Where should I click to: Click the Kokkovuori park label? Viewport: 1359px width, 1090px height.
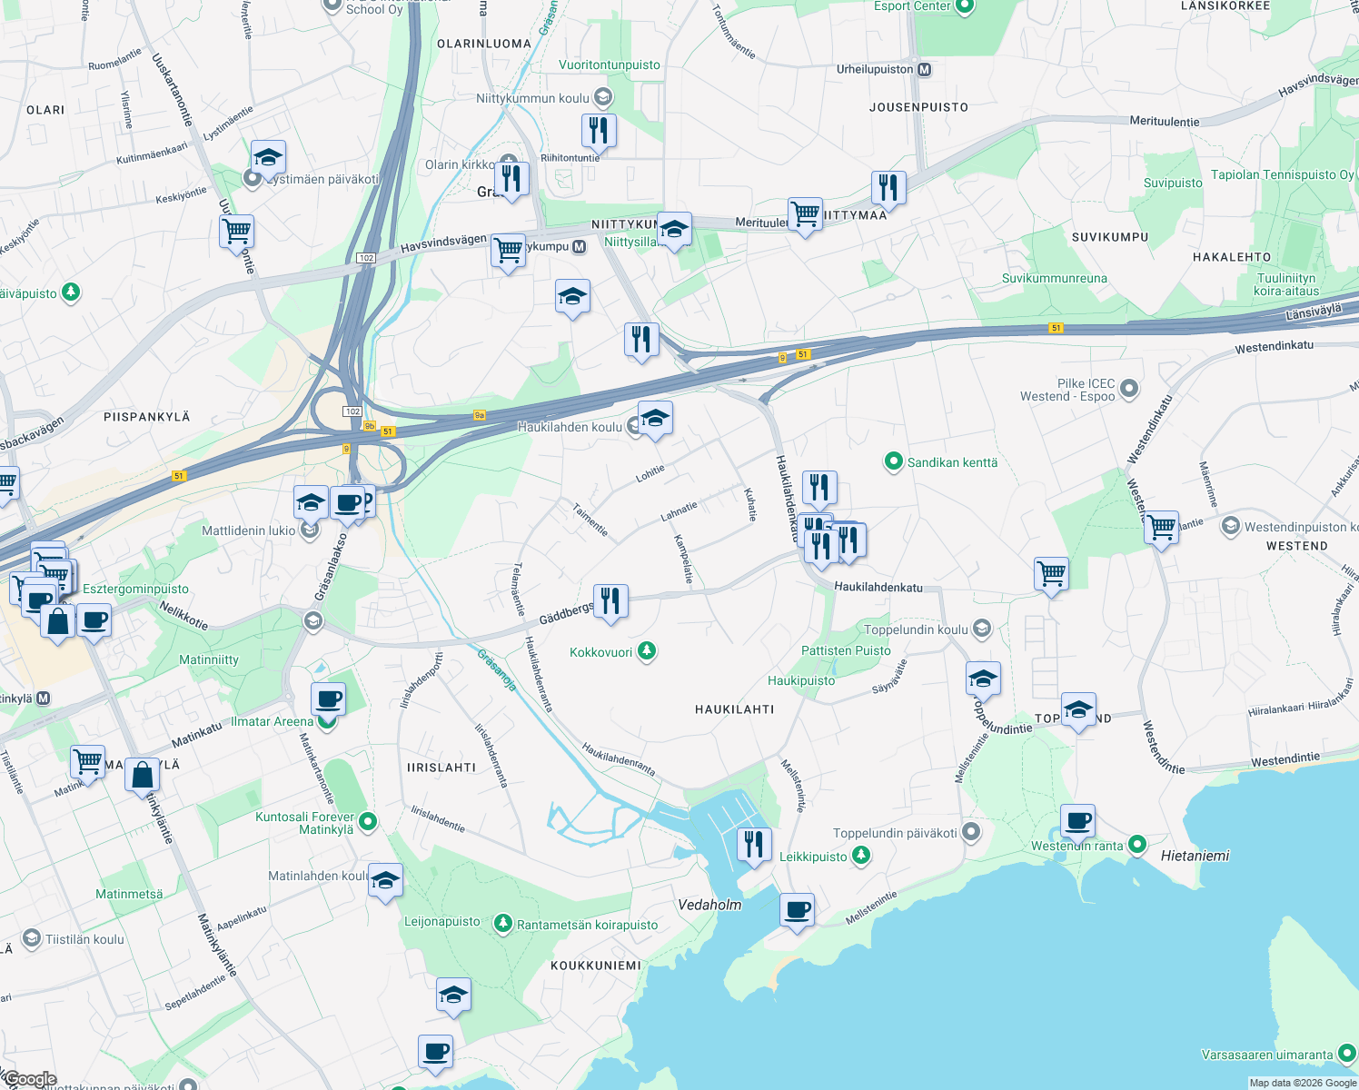click(600, 652)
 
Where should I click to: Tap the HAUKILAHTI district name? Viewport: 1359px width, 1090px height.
click(734, 709)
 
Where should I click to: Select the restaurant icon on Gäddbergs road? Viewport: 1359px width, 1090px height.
click(610, 601)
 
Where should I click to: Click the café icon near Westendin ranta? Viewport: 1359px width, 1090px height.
click(1077, 822)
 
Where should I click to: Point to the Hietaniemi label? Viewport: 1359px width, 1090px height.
click(1195, 856)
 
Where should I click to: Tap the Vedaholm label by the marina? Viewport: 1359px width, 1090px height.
click(709, 905)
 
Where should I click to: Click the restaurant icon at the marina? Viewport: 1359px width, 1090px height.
click(753, 845)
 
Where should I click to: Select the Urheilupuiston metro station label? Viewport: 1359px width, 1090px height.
click(875, 69)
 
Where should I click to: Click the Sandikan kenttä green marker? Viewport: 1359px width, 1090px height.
click(893, 462)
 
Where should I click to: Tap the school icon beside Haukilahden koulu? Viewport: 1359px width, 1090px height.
click(655, 419)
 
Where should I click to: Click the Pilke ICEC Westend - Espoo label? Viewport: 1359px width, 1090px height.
click(1067, 390)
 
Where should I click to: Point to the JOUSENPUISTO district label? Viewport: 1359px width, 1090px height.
click(918, 107)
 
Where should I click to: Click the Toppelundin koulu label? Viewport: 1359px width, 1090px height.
click(916, 629)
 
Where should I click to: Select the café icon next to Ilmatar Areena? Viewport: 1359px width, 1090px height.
click(328, 700)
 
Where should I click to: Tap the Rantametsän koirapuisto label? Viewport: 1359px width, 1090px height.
click(587, 925)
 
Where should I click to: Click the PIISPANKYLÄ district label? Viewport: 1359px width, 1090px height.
click(147, 417)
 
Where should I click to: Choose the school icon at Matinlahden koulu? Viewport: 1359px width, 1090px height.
click(385, 880)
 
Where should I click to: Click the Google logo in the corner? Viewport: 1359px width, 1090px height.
click(30, 1079)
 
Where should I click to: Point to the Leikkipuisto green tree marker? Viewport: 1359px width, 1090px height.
click(862, 856)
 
